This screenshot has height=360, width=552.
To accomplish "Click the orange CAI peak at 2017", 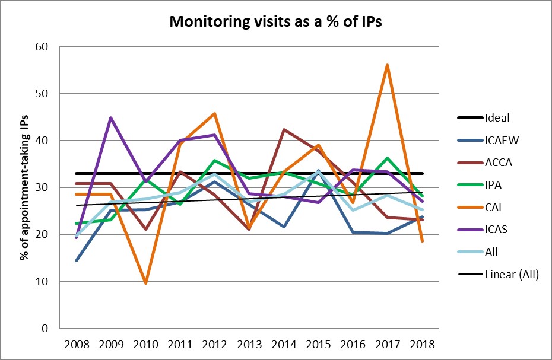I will [387, 65].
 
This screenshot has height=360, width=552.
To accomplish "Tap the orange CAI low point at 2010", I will [146, 283].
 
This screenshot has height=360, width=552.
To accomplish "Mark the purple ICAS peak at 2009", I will [111, 117].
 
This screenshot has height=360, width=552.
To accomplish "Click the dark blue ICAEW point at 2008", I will [77, 260].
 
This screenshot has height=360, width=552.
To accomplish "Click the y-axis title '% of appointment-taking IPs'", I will [24, 187].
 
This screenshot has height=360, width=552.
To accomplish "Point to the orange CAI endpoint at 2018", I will [421, 241].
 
